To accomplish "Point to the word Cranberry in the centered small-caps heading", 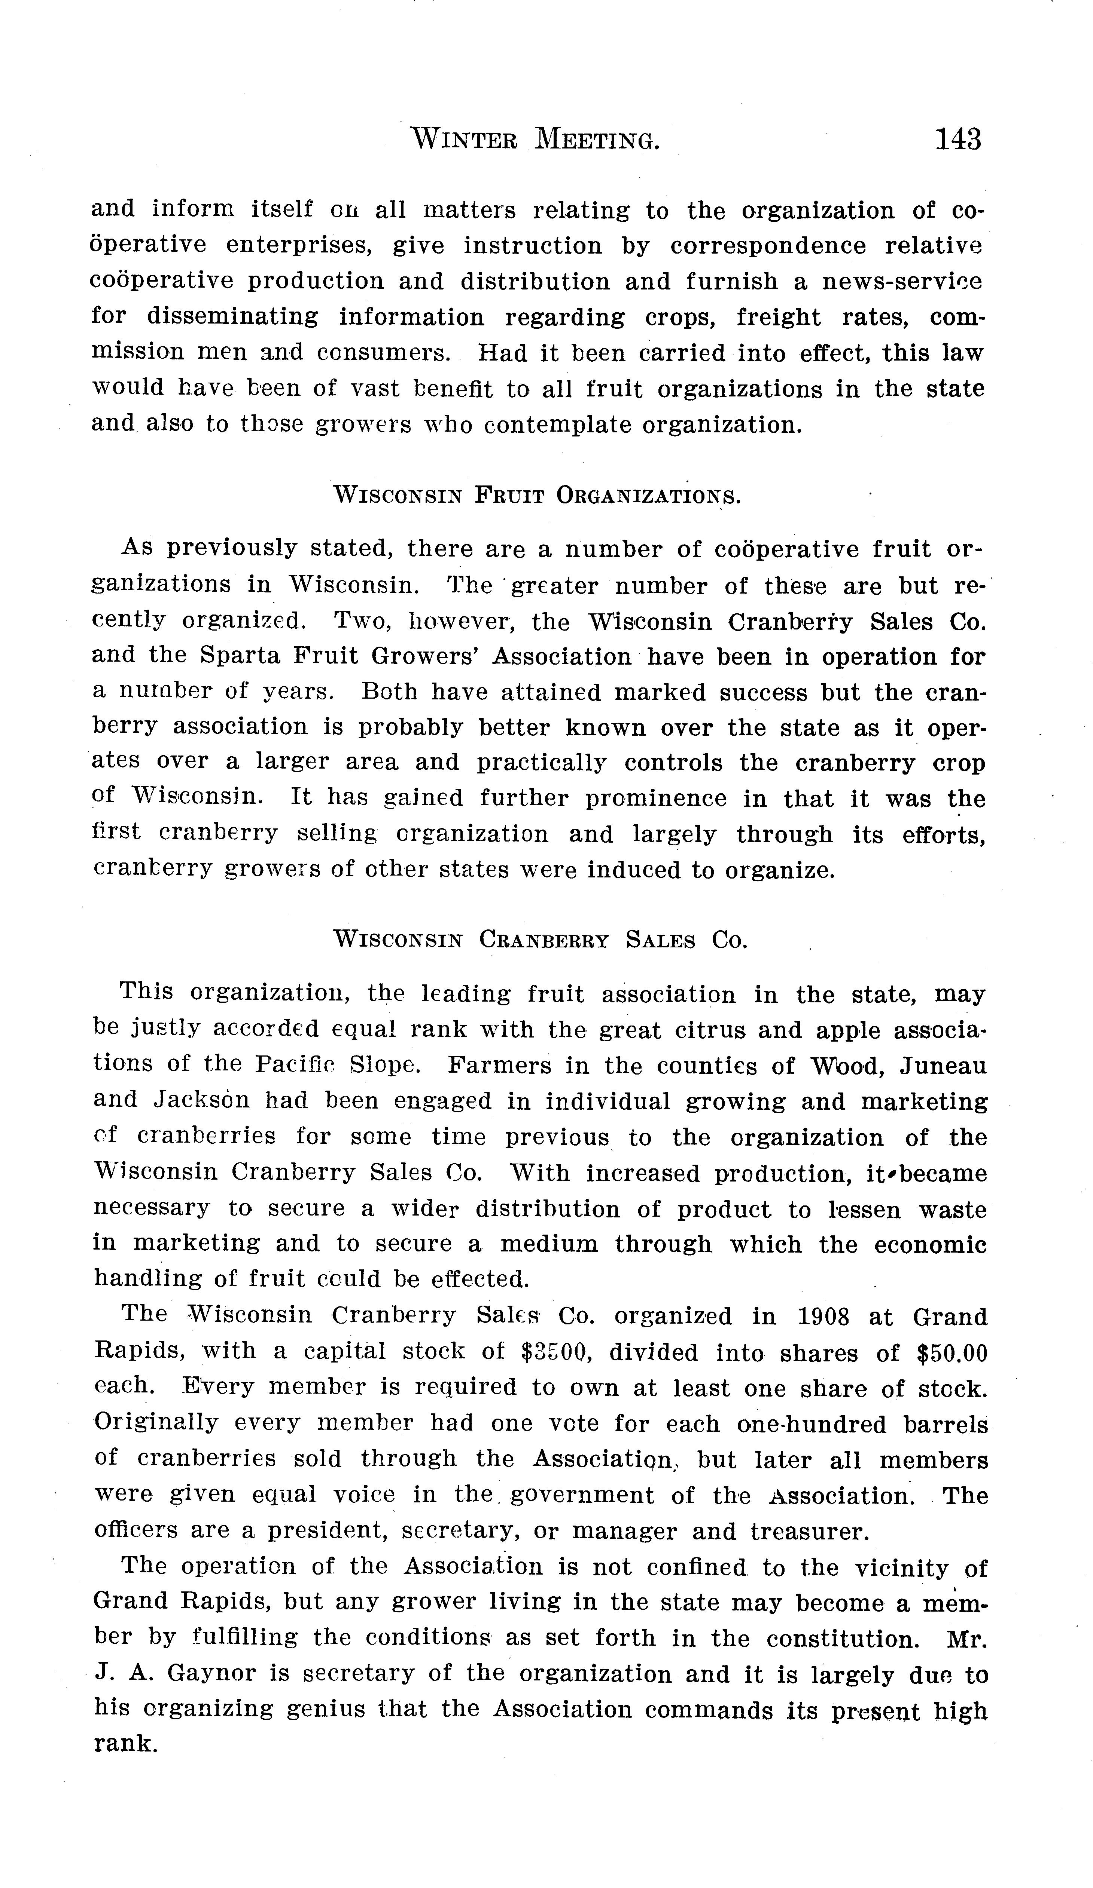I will pos(544,940).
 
